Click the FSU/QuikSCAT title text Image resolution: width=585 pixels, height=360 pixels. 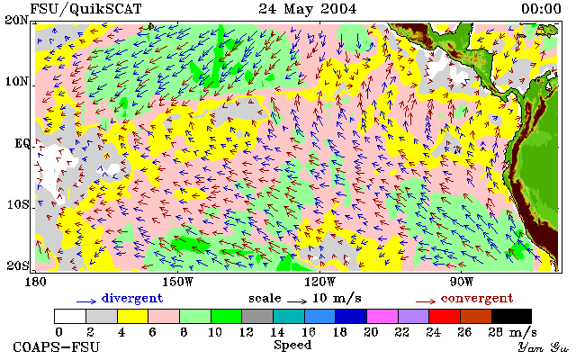pos(85,9)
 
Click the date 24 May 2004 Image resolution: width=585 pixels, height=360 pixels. pos(307,9)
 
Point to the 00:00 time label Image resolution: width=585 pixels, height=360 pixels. pos(541,9)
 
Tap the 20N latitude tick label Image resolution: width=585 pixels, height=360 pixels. pos(16,20)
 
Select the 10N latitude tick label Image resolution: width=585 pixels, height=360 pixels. pos(16,81)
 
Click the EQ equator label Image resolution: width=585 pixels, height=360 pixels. pos(22,143)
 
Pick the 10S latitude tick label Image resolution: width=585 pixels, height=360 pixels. pos(18,204)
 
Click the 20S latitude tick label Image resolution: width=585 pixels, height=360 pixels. pos(18,265)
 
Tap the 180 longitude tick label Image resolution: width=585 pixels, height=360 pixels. pos(35,282)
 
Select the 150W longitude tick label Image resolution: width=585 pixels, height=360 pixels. pos(178,282)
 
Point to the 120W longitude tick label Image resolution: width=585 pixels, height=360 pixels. pos(319,282)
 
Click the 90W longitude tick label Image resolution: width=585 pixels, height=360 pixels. pos(462,282)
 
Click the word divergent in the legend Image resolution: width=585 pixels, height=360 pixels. pos(132,298)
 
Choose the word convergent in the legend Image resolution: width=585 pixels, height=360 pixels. pos(477,298)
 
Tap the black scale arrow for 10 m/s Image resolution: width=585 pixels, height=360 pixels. pos(297,301)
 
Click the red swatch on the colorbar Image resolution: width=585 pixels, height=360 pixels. pos(445,316)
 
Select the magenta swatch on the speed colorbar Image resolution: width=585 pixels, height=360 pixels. pos(382,316)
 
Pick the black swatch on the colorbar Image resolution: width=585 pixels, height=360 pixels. pos(511,316)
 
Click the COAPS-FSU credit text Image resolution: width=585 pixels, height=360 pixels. pos(57,347)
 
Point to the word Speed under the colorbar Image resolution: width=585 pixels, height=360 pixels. pos(292,345)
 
